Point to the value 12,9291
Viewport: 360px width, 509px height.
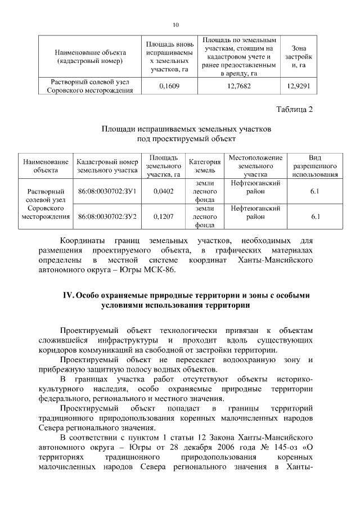pyautogui.click(x=298, y=87)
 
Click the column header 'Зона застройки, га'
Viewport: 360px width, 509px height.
pyautogui.click(x=298, y=57)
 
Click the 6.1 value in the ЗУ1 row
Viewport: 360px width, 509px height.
pyautogui.click(x=314, y=192)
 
